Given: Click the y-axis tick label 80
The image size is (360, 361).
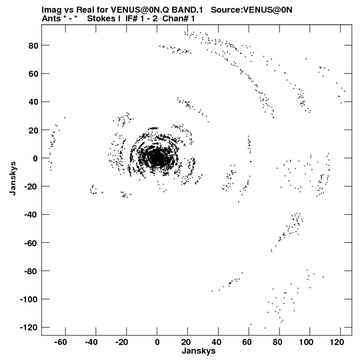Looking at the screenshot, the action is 33,45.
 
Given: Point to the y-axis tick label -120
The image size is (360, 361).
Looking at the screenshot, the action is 29,327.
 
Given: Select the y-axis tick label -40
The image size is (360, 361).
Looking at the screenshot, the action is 31,215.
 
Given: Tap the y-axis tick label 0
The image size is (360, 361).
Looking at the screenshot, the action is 35,158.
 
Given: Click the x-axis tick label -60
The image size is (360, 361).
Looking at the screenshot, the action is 61,342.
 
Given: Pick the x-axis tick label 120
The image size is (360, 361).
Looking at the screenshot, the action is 337,342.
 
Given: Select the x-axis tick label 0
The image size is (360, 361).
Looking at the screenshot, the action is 157,342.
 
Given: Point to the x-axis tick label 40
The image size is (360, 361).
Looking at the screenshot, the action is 216,342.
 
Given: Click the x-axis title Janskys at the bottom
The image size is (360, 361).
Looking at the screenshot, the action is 199,351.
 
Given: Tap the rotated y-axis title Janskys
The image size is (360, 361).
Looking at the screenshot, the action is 13,178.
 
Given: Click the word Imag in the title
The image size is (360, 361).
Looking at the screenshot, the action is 51,10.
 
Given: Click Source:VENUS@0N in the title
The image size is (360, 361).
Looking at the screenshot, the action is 251,10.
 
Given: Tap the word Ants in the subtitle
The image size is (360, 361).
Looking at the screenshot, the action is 51,19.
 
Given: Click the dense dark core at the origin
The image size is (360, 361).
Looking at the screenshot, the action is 157,158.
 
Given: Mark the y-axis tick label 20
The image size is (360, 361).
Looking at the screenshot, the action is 33,130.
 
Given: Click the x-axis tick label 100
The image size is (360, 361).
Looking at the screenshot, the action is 306,342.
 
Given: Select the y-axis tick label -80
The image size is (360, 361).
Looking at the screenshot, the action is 31,271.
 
